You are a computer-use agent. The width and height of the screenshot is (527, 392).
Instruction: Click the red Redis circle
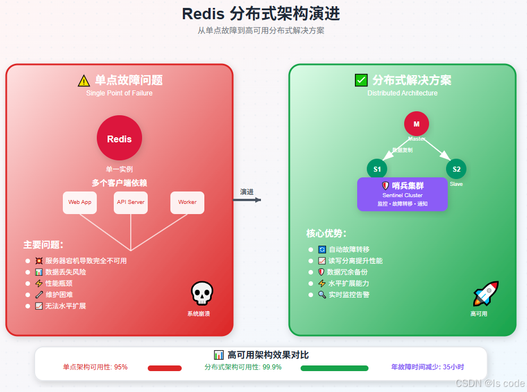[119, 138]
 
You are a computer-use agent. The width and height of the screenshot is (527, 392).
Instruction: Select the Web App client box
[80, 202]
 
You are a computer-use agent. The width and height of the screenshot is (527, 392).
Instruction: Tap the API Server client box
[131, 202]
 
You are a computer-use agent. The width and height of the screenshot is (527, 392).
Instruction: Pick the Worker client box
[187, 202]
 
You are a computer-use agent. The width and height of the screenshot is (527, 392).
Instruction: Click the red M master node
[417, 124]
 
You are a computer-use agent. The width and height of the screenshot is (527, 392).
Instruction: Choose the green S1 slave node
[377, 169]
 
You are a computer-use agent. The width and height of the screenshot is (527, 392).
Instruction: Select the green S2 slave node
[456, 169]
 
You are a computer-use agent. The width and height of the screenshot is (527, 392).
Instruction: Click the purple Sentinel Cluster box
[402, 194]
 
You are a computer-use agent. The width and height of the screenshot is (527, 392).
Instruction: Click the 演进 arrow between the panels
[247, 199]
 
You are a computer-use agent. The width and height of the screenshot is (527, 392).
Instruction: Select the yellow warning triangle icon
[84, 81]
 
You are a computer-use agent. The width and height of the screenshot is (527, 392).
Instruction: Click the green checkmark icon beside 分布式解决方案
[361, 80]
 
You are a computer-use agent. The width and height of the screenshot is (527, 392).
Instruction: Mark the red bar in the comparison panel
[165, 368]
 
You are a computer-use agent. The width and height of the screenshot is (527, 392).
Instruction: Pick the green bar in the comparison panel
[335, 368]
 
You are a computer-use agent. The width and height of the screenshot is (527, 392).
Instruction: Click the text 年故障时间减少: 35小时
[428, 367]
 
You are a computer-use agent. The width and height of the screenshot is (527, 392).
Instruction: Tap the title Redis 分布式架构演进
[261, 14]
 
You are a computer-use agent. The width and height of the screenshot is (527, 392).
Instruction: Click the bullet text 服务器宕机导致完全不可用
[86, 261]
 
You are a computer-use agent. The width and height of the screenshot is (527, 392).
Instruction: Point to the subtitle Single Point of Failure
[119, 93]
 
